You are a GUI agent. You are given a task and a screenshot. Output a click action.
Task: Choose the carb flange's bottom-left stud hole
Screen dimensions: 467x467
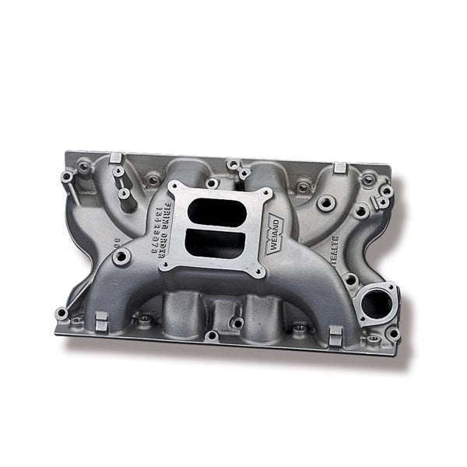pyautogui.click(x=166, y=266)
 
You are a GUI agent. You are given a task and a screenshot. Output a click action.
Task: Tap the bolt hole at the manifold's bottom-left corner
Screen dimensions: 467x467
pyautogui.click(x=61, y=313)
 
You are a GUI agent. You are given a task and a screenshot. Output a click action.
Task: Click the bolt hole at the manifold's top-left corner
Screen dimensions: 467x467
pyautogui.click(x=67, y=177)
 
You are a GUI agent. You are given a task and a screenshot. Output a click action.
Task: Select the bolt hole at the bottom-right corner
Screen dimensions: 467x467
pyautogui.click(x=393, y=334)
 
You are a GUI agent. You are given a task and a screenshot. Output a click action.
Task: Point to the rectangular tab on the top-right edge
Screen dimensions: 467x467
pyautogui.click(x=339, y=168)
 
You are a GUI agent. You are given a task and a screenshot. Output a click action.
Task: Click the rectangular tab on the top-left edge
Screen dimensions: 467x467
pyautogui.click(x=115, y=158)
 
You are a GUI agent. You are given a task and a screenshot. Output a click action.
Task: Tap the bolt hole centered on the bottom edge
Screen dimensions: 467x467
pyautogui.click(x=212, y=335)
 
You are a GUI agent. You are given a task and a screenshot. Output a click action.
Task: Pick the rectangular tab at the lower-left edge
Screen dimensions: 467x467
pyautogui.click(x=100, y=320)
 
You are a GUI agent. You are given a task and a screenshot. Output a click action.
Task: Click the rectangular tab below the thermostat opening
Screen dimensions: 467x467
pyautogui.click(x=335, y=335)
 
